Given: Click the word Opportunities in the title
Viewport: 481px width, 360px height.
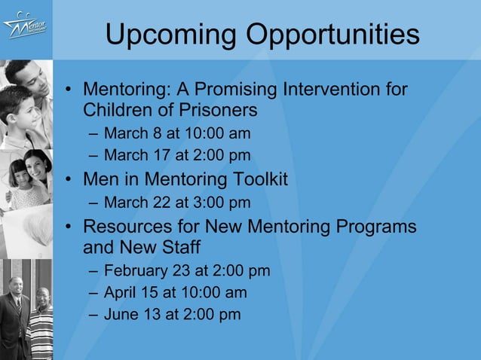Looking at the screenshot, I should [x=329, y=34].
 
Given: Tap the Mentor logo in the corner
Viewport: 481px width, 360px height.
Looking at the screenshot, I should [x=25, y=28].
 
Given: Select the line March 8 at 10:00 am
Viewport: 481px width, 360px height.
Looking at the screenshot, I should [x=177, y=134].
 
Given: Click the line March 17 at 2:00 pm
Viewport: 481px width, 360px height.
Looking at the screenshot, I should [x=177, y=157].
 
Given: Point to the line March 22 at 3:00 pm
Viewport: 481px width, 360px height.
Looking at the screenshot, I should [x=177, y=203].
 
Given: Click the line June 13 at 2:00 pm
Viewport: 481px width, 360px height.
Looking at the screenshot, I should [x=173, y=314].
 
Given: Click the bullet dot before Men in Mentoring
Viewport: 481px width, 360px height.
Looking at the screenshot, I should [x=69, y=181].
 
